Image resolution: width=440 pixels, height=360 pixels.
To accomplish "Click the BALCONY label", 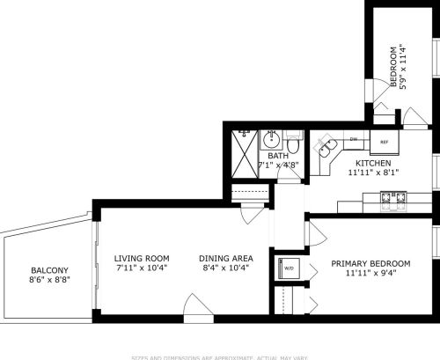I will tap(50, 270).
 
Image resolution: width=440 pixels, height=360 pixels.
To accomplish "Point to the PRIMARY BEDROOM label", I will tap(370, 263).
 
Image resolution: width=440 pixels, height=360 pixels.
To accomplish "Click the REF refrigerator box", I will tap(385, 141).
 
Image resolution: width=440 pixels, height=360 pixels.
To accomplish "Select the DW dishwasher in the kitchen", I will tap(354, 139).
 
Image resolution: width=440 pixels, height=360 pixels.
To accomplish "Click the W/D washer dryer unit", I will tap(288, 268).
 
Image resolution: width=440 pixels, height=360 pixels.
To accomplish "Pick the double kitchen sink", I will tap(329, 145).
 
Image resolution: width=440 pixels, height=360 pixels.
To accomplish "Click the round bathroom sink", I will tap(272, 139).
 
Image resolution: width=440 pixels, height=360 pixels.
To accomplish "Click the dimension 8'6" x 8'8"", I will tap(50, 280).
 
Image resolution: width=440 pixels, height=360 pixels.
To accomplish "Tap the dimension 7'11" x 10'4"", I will tap(142, 268).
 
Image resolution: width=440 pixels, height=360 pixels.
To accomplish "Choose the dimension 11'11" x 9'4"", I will tap(370, 273).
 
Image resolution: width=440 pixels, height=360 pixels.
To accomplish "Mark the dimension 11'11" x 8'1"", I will tap(373, 173).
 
